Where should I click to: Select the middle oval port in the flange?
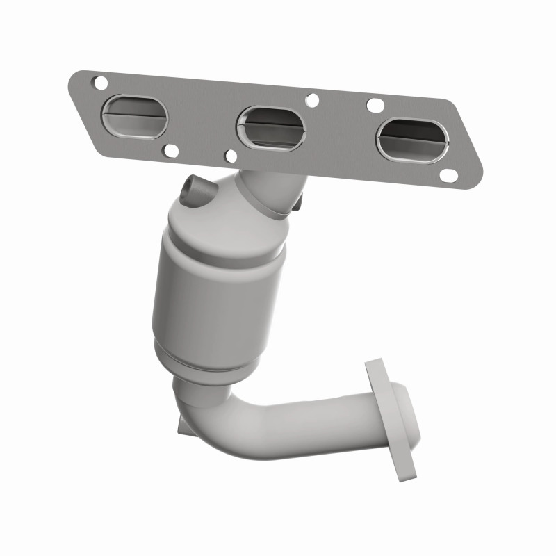click(270, 126)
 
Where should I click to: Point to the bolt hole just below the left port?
click(169, 148)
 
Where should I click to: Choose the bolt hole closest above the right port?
click(375, 106)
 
